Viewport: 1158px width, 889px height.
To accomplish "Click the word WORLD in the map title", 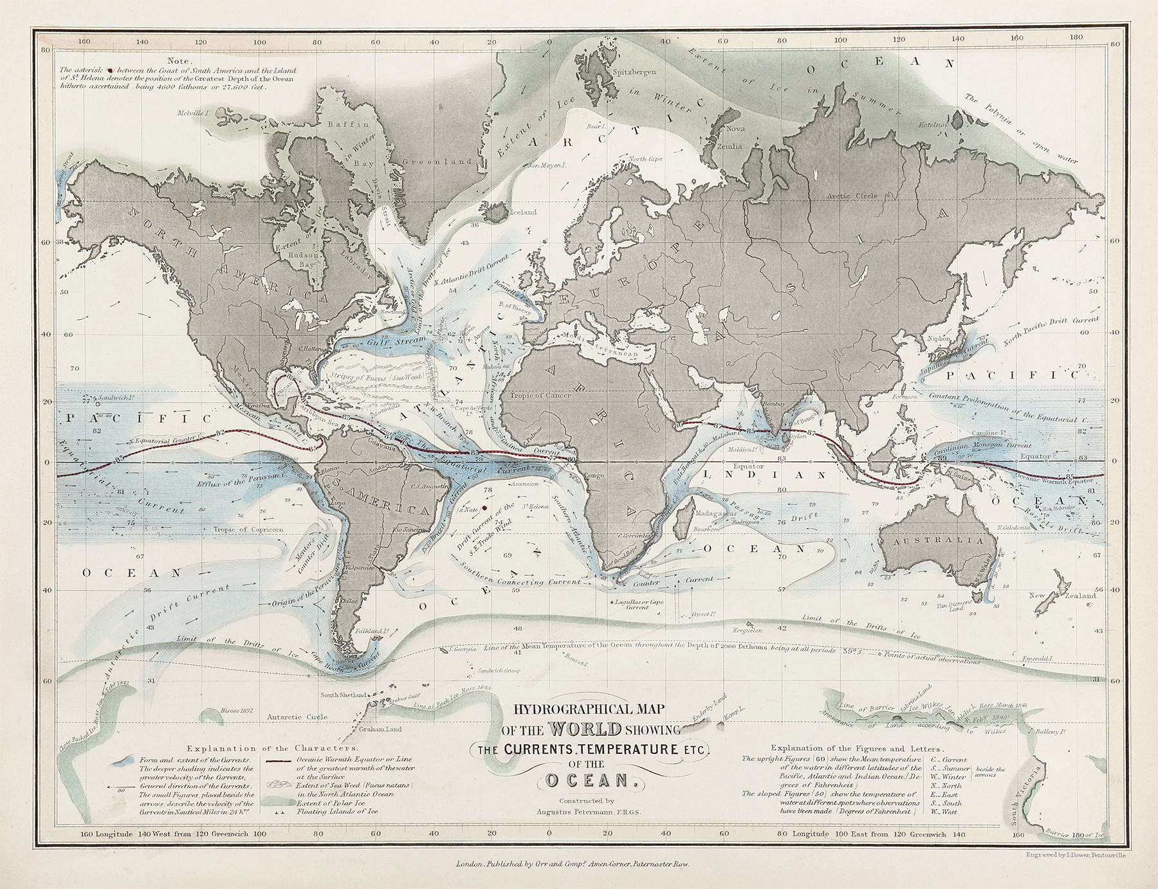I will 585,730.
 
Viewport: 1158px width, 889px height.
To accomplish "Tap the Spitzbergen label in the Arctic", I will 635,72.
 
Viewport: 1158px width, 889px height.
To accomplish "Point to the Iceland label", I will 522,212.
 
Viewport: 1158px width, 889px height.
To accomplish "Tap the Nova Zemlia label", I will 733,137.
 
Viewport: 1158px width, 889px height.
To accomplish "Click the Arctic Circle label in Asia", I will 850,195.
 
